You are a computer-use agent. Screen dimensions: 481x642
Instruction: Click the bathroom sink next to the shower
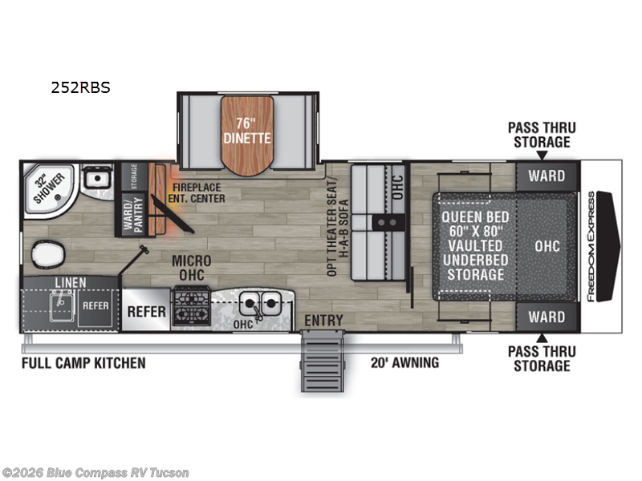[x=96, y=179]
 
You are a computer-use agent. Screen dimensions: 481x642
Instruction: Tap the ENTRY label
[x=323, y=321]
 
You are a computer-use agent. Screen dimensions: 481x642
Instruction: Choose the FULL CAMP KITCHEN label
[x=83, y=363]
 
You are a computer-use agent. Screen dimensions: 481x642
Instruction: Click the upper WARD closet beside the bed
[x=546, y=176]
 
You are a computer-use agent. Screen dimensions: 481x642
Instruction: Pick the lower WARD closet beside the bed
[x=546, y=317]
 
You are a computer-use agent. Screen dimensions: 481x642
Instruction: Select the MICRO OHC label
[x=191, y=268]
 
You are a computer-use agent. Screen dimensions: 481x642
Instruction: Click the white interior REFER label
[x=146, y=311]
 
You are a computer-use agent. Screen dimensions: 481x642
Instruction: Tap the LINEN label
[x=71, y=282]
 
